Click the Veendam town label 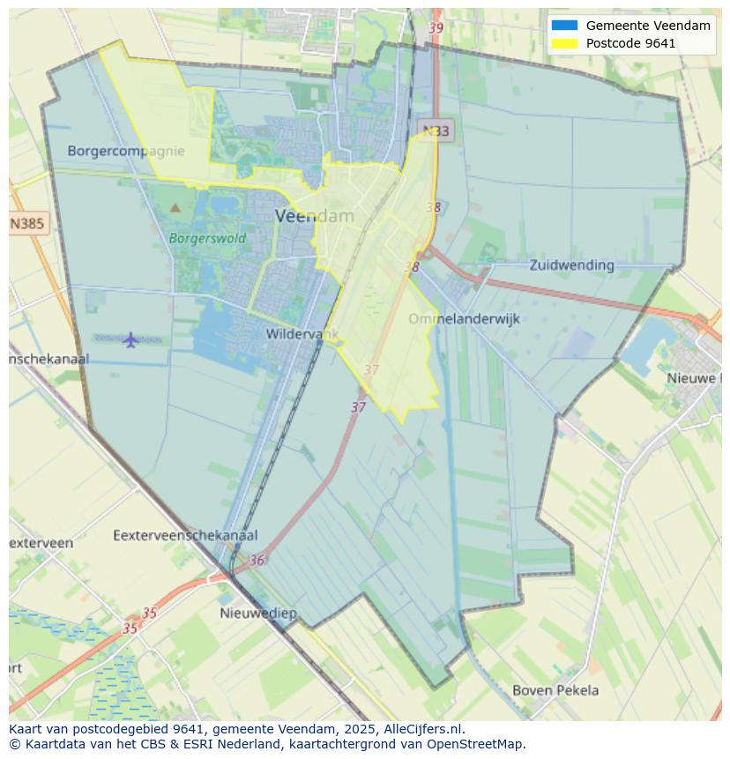point(315,216)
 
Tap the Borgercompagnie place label point(126,151)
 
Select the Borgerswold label point(207,238)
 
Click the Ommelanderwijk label point(464,319)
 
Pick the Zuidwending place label point(571,264)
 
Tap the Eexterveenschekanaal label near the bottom point(185,535)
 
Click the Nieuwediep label point(258,613)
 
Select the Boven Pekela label point(555,690)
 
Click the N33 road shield point(435,131)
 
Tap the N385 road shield point(27,224)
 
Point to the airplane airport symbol point(130,339)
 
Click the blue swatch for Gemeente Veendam point(564,26)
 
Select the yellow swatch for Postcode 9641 point(564,43)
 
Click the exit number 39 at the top point(436,28)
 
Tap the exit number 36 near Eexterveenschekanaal point(257,560)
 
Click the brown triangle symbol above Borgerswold point(175,208)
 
